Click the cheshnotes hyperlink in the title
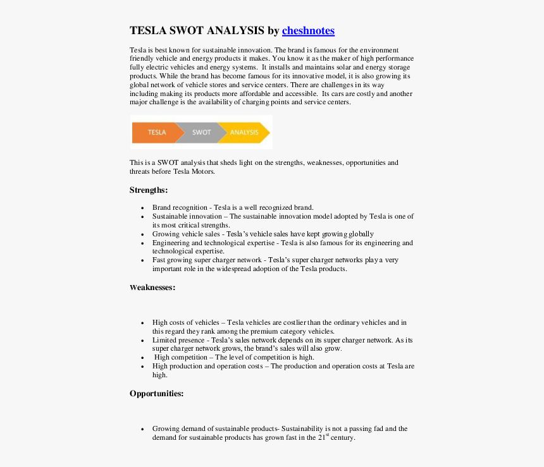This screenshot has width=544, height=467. (308, 30)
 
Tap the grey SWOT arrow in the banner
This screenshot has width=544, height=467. (201, 133)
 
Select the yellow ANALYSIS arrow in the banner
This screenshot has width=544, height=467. (245, 133)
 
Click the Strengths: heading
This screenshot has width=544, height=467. (149, 190)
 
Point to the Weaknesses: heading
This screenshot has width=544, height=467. (152, 288)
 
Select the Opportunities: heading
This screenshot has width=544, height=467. (157, 394)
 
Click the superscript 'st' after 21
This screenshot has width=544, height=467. (327, 435)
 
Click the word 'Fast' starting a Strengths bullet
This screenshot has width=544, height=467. (158, 260)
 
